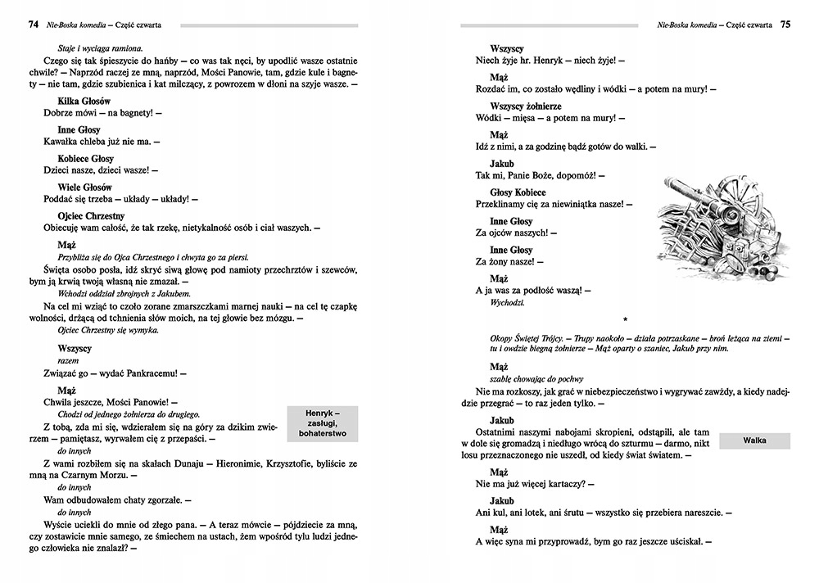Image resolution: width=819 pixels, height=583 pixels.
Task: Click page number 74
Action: point(34,25)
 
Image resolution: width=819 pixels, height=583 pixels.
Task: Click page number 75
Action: point(785,25)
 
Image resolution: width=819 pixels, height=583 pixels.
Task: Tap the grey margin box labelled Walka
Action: point(754,441)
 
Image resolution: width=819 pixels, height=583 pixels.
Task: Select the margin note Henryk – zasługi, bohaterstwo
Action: point(321,423)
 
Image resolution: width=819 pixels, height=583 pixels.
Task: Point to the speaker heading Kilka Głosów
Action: point(84,101)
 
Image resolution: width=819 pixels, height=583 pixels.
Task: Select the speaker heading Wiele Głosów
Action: point(85,187)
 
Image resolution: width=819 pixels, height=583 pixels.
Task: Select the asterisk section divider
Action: point(625,319)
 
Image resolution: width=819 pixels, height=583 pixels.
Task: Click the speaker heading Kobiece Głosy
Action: point(85,158)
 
